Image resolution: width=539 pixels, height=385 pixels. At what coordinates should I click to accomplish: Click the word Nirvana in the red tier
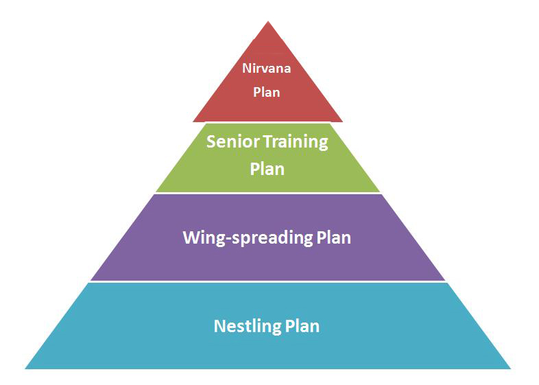266,68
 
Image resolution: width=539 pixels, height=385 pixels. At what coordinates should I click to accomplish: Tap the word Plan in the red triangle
266,92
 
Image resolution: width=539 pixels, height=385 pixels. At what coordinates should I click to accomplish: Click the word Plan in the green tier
267,169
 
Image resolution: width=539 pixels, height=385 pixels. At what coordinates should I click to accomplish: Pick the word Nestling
247,327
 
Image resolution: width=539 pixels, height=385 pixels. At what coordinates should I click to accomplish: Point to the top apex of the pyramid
268,21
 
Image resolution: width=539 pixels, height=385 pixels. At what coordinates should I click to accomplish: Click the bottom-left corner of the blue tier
25,369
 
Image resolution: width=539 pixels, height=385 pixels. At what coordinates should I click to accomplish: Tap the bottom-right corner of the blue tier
511,369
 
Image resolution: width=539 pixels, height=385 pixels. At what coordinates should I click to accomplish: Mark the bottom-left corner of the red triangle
193,121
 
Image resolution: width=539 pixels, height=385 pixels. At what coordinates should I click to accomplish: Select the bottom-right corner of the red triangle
343,121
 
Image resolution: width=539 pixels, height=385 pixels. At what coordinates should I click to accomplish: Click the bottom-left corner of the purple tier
91,281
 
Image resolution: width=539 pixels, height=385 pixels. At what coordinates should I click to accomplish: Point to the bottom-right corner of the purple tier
445,281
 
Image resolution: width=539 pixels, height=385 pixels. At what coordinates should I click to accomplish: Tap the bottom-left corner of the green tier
156,191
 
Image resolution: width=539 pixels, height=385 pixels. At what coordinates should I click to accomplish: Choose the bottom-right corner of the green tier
380,191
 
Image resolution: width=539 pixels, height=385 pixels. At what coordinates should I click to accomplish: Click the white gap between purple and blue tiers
267,282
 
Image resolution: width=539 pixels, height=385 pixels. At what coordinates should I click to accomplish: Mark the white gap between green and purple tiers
267,193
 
